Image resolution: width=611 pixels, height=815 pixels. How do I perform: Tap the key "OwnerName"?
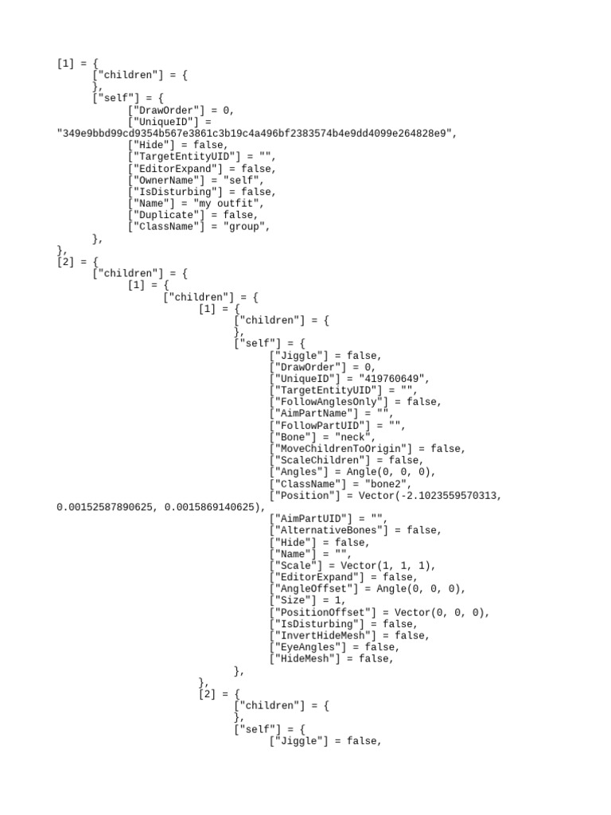click(x=166, y=181)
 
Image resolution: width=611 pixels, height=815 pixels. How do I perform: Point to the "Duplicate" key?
click(x=166, y=215)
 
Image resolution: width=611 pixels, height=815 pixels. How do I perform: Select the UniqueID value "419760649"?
click(x=393, y=379)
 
